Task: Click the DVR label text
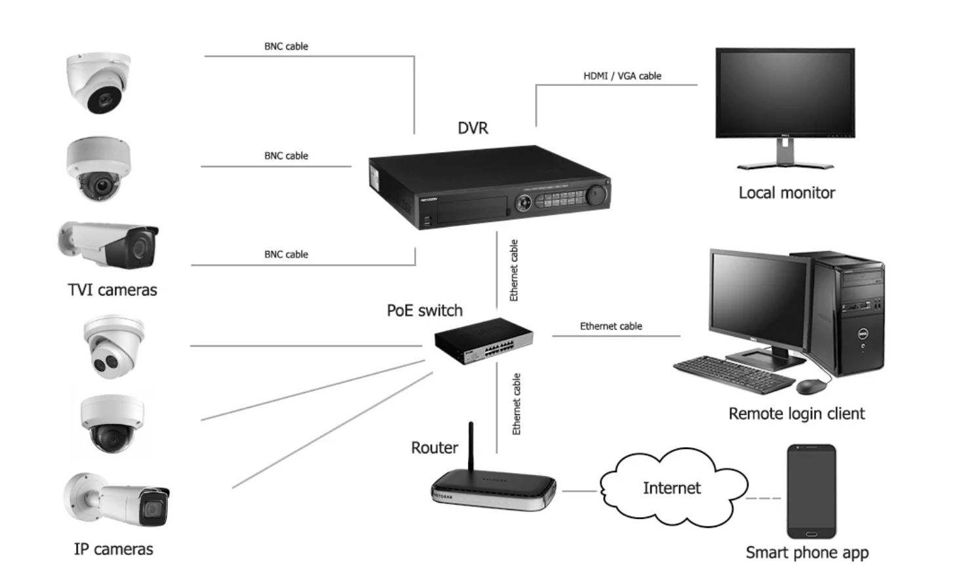tap(473, 128)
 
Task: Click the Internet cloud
tap(672, 488)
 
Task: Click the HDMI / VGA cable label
tap(622, 76)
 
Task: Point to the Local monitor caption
tap(787, 193)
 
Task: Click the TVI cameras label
tap(112, 290)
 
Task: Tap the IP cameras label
tap(113, 549)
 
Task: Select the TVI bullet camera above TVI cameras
tap(111, 244)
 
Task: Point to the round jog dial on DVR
tap(596, 195)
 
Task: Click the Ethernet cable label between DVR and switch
tap(514, 270)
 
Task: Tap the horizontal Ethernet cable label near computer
tap(611, 326)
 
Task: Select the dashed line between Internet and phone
tap(764, 499)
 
